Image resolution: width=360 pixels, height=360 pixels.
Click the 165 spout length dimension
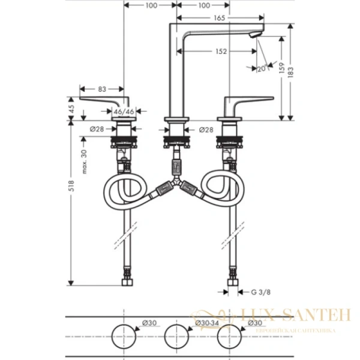click(x=219, y=19)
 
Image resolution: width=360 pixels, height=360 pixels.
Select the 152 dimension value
click(x=221, y=52)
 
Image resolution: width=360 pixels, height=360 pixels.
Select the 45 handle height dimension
click(x=71, y=109)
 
